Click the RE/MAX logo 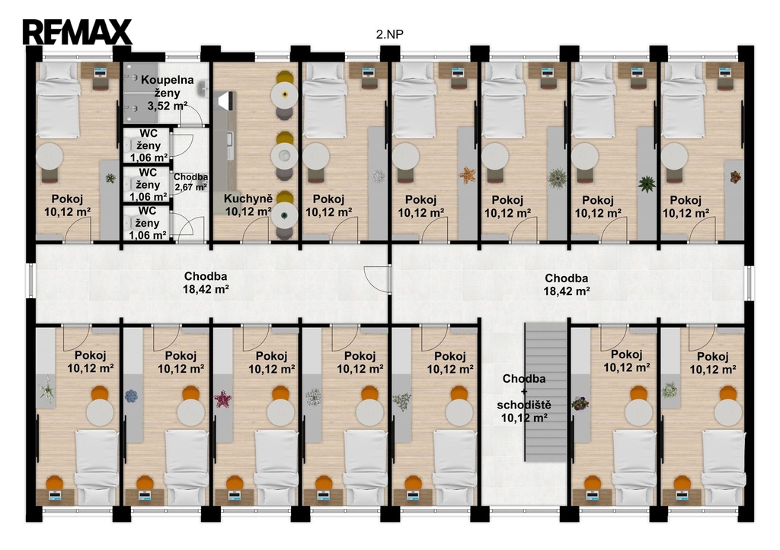pos(77,32)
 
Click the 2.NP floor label pos(389,34)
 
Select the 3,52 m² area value pos(167,106)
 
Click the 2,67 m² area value pos(190,187)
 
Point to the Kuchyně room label pos(248,199)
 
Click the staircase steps pos(546,392)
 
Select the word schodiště pos(524,405)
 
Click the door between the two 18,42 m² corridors pos(377,279)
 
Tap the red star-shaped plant pos(222,399)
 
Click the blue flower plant pos(131,396)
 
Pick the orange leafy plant pos(467,175)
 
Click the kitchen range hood pos(225,100)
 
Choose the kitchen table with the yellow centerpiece pos(285,94)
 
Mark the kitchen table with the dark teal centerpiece pos(285,215)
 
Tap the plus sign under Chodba pos(524,392)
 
